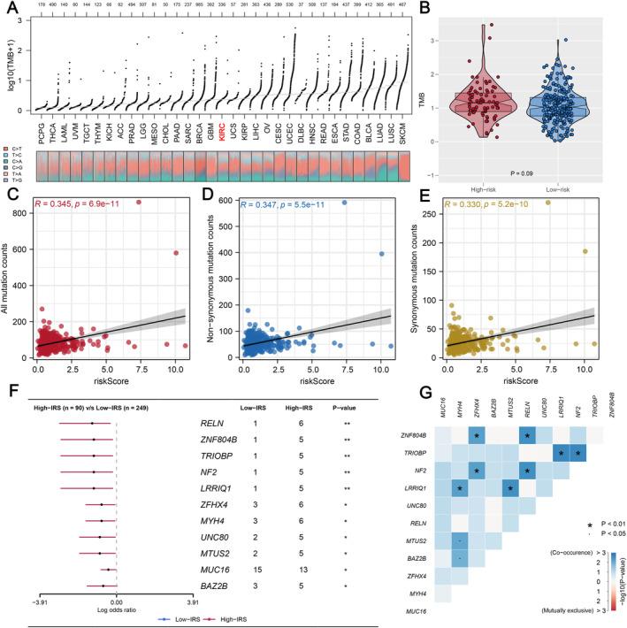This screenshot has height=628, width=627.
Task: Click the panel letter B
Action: (426, 9)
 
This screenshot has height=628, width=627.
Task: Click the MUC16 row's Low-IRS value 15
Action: (254, 558)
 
